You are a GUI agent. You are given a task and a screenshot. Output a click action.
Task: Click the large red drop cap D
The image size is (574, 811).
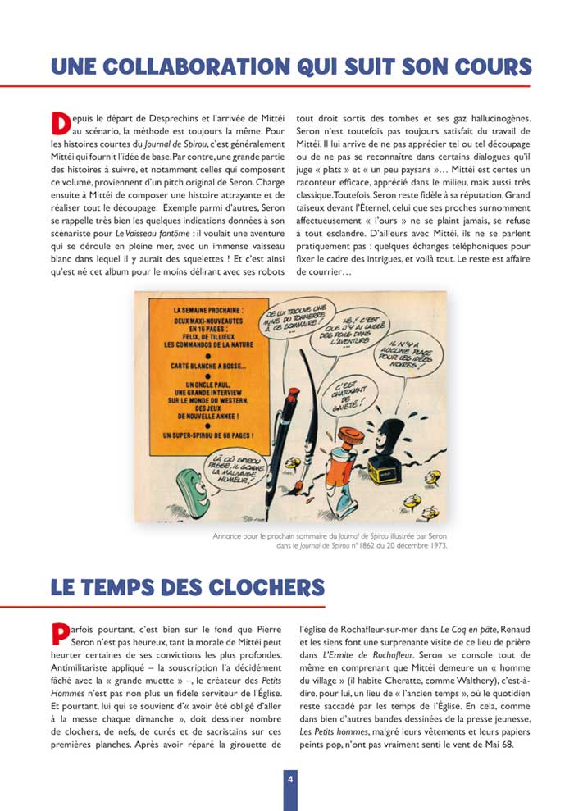(x=61, y=122)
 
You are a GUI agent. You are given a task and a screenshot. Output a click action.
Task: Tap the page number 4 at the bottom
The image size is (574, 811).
(x=289, y=779)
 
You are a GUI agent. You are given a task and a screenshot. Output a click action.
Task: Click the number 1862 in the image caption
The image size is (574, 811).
(x=350, y=545)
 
